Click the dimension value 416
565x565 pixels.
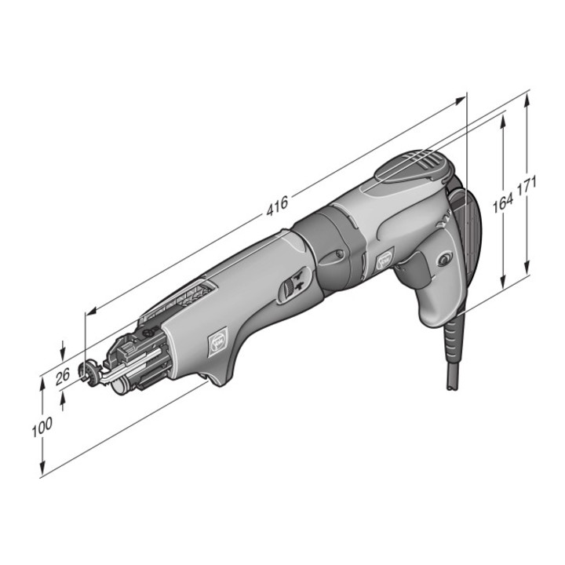coord(277,206)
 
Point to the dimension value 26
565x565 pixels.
coord(63,377)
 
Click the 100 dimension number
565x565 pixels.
coord(42,427)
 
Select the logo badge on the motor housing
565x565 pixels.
coord(384,260)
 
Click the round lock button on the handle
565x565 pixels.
coord(443,259)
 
